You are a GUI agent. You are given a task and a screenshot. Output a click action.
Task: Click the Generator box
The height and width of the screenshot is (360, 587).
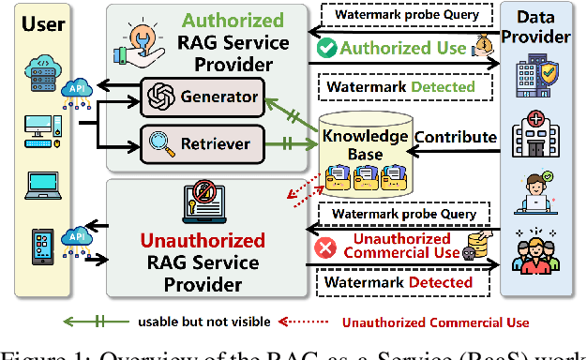click(202, 96)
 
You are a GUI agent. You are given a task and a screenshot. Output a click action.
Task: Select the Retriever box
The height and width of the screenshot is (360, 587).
click(202, 142)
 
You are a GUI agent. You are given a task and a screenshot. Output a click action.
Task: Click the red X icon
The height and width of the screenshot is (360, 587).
click(326, 248)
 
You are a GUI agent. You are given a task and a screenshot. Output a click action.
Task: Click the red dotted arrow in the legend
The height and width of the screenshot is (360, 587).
click(309, 322)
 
